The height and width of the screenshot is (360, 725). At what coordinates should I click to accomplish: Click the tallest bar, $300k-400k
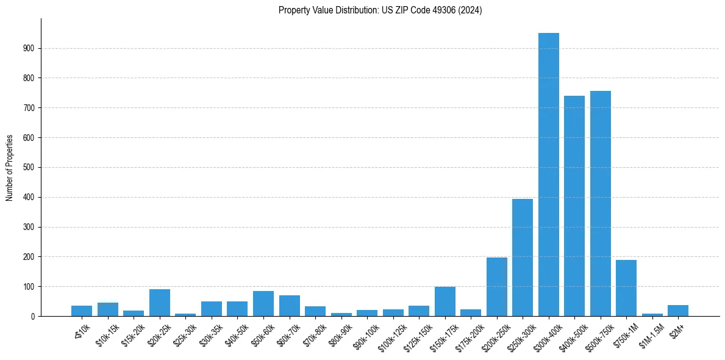(x=548, y=175)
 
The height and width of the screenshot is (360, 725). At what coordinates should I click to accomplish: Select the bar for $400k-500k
(x=574, y=206)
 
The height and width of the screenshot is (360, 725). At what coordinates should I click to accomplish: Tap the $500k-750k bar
(x=601, y=203)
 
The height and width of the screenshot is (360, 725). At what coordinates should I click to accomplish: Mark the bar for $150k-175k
(x=445, y=301)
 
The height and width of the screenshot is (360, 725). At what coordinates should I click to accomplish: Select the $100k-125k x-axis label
(x=391, y=335)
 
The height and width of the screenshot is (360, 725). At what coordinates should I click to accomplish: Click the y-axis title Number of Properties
(x=10, y=168)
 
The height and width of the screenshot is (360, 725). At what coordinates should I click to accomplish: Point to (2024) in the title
(x=471, y=10)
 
